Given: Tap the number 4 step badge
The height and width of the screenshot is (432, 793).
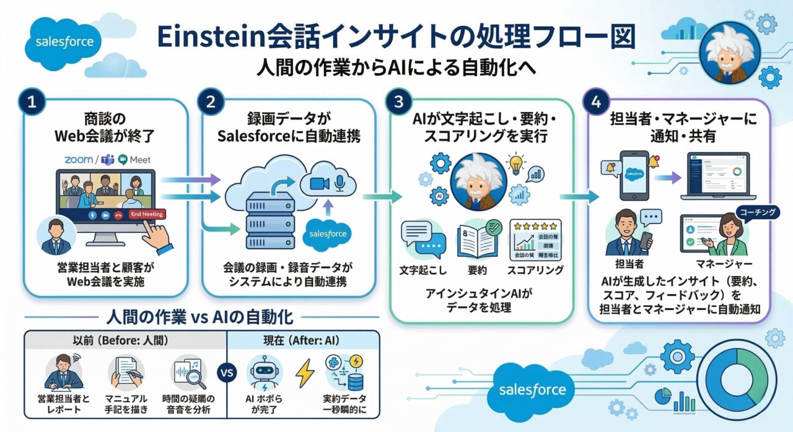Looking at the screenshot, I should point(596,103).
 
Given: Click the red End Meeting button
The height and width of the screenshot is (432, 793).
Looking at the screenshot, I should point(146,214).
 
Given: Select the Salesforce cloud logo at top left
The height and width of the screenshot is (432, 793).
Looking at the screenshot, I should point(64,43).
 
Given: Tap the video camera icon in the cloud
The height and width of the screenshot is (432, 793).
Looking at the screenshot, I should point(317,183).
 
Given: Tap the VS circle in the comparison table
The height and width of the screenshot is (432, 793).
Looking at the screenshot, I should point(227,373).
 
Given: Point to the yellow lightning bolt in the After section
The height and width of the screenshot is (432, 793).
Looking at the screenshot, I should point(304,374).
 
